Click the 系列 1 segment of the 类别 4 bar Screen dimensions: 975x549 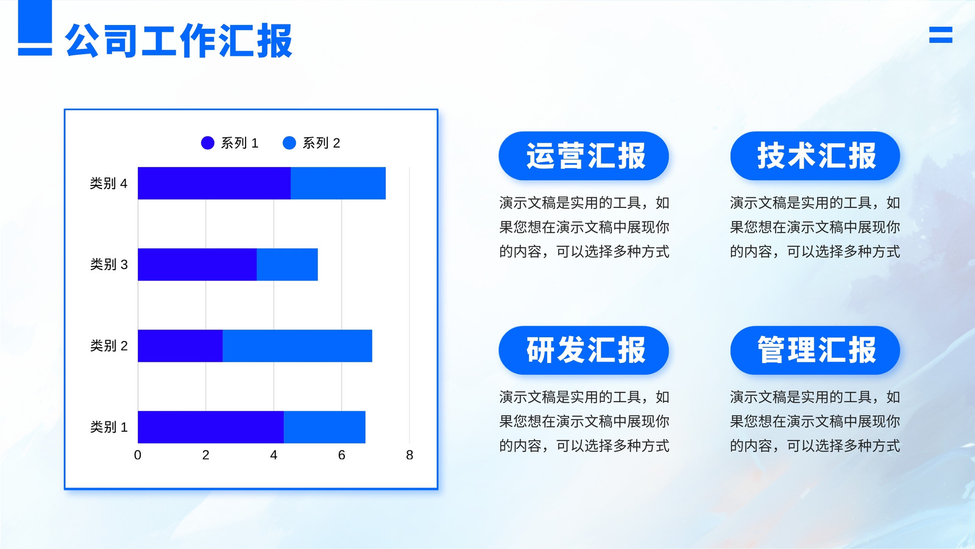point(214,183)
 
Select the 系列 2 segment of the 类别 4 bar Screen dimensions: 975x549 point(338,183)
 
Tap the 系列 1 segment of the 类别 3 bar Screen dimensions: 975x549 point(197,265)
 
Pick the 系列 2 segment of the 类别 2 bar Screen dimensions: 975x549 point(297,345)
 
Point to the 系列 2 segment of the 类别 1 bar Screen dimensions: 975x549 point(325,427)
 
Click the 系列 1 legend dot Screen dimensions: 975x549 point(208,143)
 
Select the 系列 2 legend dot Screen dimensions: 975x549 point(289,143)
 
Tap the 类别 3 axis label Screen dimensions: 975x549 point(109,265)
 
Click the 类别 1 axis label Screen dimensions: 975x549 point(109,427)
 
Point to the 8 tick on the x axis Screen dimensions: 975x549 point(409,455)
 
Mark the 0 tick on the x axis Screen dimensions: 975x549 point(138,455)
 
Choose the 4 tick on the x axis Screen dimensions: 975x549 point(274,455)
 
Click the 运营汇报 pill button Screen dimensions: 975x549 point(584,156)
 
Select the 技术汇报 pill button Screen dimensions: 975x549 point(815,156)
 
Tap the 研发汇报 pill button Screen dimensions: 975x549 point(584,350)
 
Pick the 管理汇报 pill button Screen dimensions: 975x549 point(815,350)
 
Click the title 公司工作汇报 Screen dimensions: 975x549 point(179,40)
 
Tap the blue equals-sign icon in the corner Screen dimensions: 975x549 point(941,35)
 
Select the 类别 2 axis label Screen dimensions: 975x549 point(109,345)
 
